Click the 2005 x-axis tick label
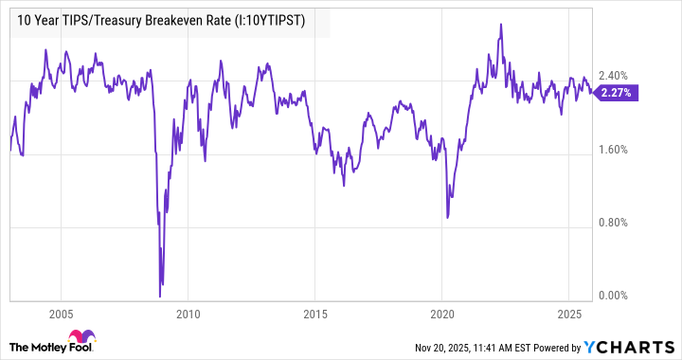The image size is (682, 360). (61, 314)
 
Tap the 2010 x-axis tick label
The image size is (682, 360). (188, 314)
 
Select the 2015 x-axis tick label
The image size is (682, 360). (316, 314)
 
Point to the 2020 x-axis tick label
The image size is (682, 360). (443, 314)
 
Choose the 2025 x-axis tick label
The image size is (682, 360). (570, 314)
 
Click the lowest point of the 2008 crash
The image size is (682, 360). (161, 295)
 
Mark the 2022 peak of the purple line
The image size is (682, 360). (499, 25)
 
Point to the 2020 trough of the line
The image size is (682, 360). (447, 217)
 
